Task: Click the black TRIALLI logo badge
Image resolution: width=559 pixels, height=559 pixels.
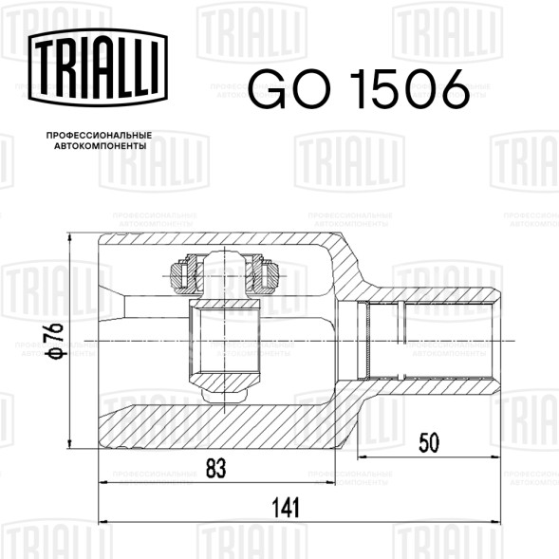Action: click(x=98, y=67)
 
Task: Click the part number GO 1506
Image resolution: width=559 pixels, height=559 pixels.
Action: click(x=359, y=89)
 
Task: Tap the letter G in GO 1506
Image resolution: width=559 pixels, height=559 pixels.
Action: click(x=270, y=89)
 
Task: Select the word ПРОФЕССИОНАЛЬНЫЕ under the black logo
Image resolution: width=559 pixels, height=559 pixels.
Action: click(x=99, y=136)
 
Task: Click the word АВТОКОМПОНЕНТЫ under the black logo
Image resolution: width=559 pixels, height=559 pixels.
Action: click(x=101, y=146)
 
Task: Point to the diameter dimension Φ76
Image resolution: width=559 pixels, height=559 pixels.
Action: click(x=54, y=341)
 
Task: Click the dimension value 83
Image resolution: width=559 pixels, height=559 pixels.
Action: click(x=216, y=468)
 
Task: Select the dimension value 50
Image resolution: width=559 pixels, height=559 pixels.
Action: click(x=429, y=442)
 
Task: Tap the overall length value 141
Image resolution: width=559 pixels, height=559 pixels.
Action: click(x=286, y=508)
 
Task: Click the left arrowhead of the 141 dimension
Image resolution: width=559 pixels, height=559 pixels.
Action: click(x=102, y=522)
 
